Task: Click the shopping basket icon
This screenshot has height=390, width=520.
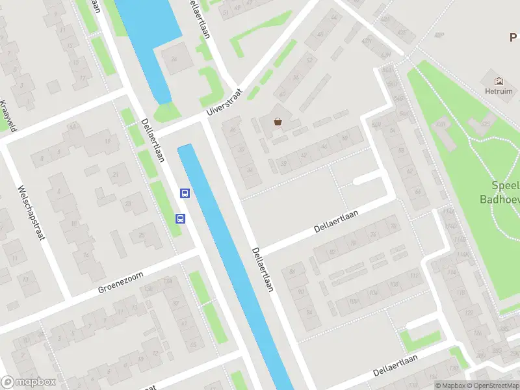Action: (x=278, y=122)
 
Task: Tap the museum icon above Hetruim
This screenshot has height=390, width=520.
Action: (x=499, y=81)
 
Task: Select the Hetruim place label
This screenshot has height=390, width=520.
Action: (x=499, y=92)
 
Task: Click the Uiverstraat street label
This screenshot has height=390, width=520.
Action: (x=224, y=103)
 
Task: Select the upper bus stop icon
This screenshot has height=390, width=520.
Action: (x=185, y=193)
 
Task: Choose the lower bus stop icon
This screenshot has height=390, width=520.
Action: (x=179, y=219)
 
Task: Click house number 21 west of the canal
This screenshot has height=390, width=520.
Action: (x=116, y=174)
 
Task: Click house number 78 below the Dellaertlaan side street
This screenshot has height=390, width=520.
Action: (x=353, y=243)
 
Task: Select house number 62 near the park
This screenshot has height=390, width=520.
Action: (x=409, y=172)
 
